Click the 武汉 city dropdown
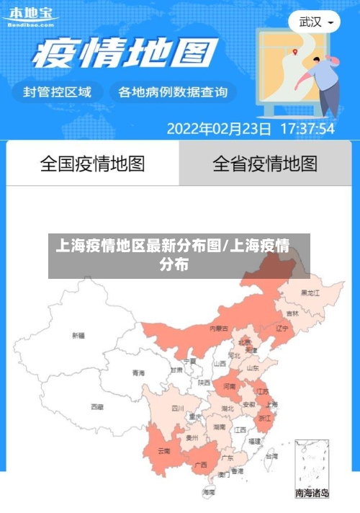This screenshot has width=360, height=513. point(314,22)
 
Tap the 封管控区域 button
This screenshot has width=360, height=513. point(58,92)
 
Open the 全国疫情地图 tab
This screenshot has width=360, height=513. point(92,164)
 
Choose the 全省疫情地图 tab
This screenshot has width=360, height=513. point(264,164)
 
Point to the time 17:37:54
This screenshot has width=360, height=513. point(307,129)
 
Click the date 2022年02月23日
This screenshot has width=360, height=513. point(219,129)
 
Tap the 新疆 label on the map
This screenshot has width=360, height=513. point(78,335)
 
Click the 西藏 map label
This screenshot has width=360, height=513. point(97,406)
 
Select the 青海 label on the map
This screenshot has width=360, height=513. point(138,373)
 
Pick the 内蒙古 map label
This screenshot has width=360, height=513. point(219,328)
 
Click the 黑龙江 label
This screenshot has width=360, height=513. point(310,293)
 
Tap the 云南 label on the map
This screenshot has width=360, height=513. point(164,451)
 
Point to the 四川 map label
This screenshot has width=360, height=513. point(178,408)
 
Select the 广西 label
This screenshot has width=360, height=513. point(201,464)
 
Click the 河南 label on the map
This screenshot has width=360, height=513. point(230,387)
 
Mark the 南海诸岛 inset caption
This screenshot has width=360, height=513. point(312,494)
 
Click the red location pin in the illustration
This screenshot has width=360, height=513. point(295,52)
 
